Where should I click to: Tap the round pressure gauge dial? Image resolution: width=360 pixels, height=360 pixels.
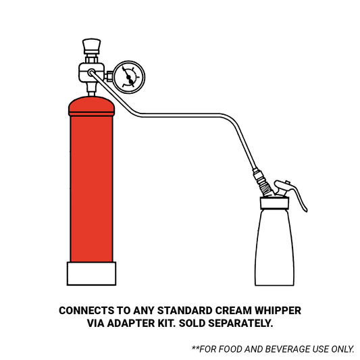[129, 77]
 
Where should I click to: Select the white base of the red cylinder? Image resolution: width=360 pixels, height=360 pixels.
[91, 274]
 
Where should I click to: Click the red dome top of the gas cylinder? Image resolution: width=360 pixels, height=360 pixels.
[91, 106]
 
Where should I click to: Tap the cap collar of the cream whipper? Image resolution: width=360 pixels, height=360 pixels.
[274, 203]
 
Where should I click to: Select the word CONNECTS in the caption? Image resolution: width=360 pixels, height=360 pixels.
[86, 311]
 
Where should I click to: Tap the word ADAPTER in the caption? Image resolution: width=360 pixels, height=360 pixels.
[131, 324]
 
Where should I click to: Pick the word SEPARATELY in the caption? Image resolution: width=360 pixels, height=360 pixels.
[240, 324]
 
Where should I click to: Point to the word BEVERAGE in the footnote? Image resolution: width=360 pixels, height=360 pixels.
[288, 349]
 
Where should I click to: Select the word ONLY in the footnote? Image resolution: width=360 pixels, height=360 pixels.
[342, 349]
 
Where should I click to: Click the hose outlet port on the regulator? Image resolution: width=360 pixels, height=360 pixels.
[91, 72]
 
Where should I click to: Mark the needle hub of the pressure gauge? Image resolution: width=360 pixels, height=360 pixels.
[129, 78]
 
